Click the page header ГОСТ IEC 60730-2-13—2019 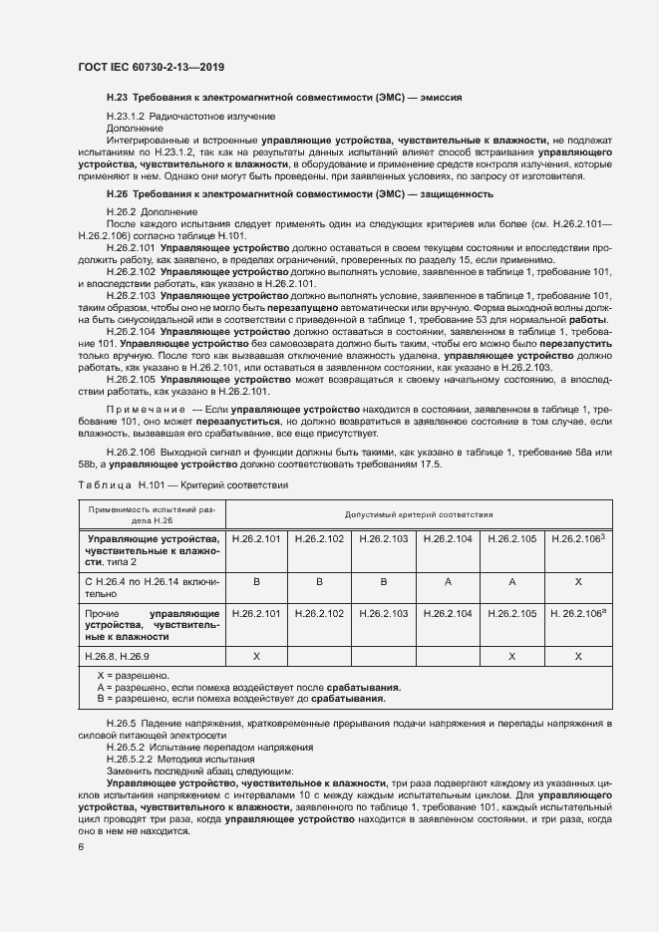(151, 67)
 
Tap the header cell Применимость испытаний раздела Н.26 (146, 514)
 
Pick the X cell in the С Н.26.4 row (579, 580)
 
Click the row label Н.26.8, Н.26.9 (114, 656)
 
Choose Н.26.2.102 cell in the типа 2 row (319, 538)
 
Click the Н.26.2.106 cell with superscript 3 (579, 538)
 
